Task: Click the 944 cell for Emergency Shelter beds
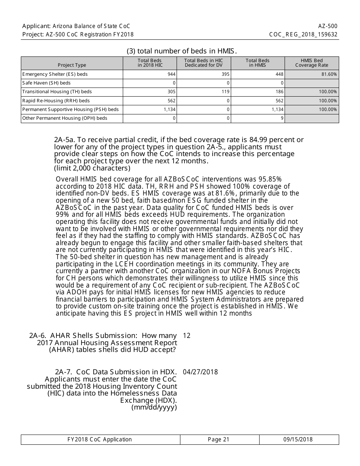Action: (x=171, y=74)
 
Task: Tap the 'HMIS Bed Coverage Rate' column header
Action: (x=311, y=63)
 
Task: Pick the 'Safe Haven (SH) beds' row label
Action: (x=46, y=83)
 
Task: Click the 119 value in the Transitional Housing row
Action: (x=225, y=92)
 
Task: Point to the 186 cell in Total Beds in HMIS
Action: (x=279, y=92)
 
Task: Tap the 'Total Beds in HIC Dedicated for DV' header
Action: (x=203, y=63)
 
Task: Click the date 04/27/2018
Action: (x=200, y=372)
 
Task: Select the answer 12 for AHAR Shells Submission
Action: (x=186, y=336)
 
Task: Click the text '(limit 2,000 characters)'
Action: (x=92, y=168)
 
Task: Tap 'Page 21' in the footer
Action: (x=219, y=439)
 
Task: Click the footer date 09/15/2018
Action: (x=298, y=439)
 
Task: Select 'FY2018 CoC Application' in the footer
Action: (x=100, y=439)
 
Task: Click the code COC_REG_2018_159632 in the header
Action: (x=303, y=34)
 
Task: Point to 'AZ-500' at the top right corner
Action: (x=328, y=26)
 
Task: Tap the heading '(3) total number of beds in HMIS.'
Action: (x=182, y=51)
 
